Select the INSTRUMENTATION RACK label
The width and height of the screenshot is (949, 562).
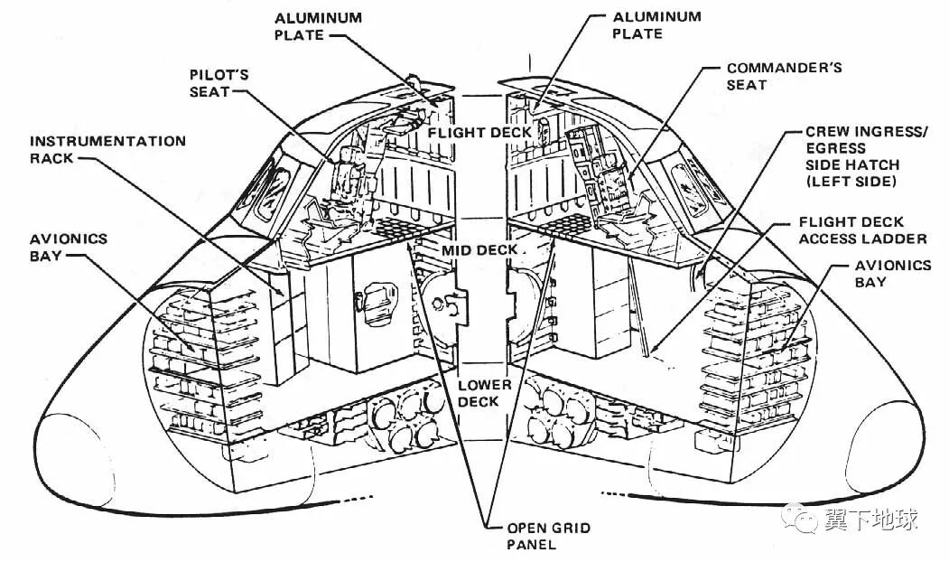click(x=107, y=149)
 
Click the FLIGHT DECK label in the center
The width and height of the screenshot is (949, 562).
click(x=479, y=132)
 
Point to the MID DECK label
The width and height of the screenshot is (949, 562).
click(x=479, y=249)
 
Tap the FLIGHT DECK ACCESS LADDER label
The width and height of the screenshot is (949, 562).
click(x=862, y=229)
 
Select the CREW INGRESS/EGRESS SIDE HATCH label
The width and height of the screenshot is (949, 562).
click(x=865, y=156)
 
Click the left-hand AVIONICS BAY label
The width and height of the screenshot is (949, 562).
click(x=67, y=248)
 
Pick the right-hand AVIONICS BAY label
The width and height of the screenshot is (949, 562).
click(x=891, y=273)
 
